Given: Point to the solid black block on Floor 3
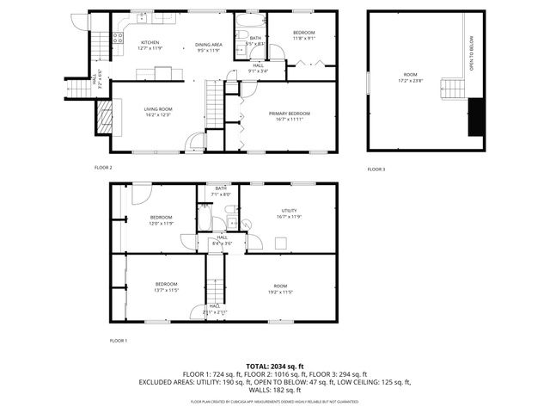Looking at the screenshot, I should [x=474, y=118].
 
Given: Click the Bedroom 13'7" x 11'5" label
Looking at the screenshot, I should [x=166, y=287].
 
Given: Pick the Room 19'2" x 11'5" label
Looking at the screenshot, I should [x=280, y=288].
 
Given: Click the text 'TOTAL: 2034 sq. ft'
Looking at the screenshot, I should [x=274, y=366].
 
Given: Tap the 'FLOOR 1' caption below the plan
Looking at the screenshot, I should [x=119, y=341].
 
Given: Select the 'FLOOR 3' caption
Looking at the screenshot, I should [x=376, y=170].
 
